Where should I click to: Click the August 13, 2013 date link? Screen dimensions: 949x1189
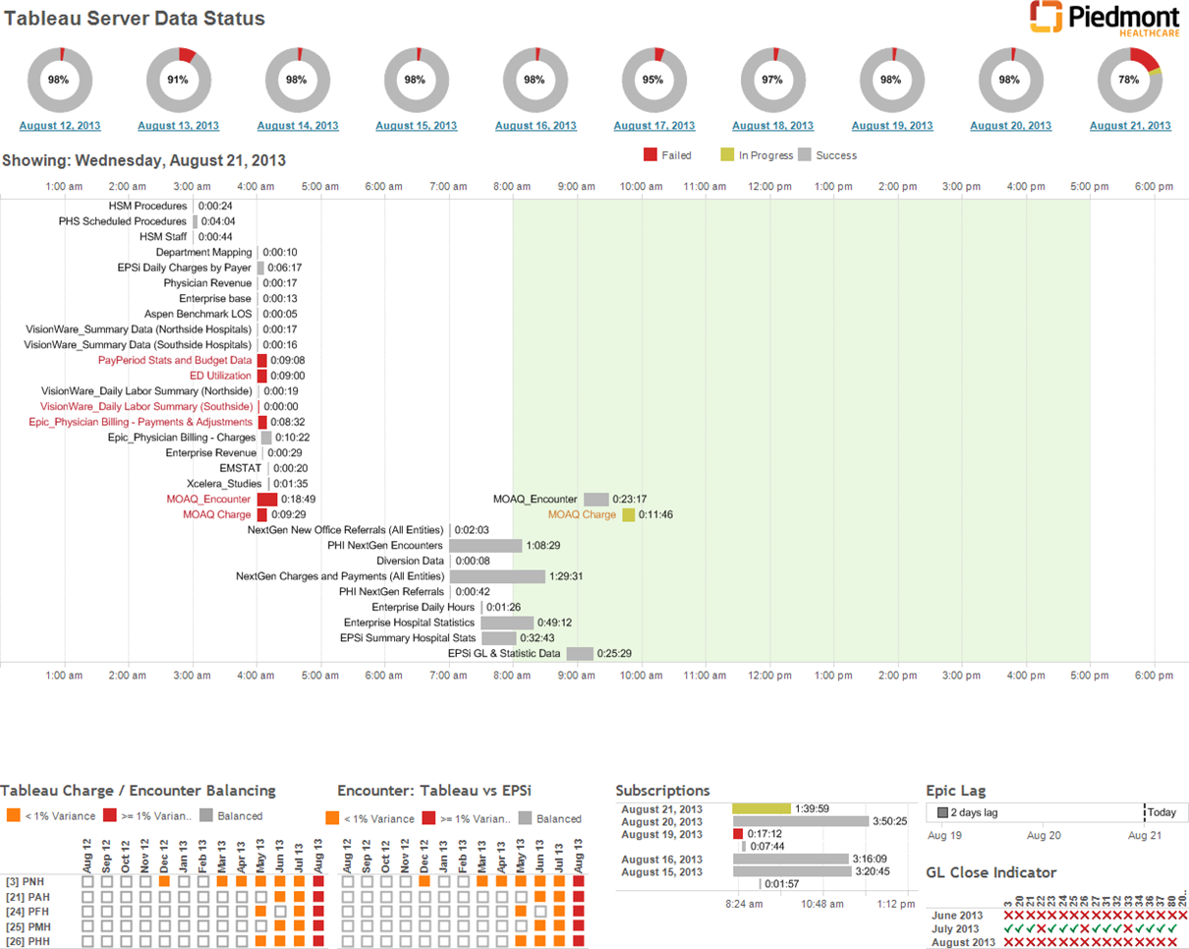(178, 126)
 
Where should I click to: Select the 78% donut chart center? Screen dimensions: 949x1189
(1130, 80)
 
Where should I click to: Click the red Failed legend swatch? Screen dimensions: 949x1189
(650, 155)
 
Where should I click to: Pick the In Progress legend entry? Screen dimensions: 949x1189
(764, 155)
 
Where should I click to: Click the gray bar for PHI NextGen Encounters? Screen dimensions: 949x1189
(485, 545)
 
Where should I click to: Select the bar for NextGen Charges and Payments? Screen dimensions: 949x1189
(497, 576)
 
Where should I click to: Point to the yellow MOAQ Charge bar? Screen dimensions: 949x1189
(628, 514)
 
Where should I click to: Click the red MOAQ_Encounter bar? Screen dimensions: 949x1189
(267, 500)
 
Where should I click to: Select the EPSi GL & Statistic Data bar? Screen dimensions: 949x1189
(580, 653)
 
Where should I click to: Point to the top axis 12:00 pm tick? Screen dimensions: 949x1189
(769, 186)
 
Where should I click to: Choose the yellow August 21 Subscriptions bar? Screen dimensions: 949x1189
(762, 808)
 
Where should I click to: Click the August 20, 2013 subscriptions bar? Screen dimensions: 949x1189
(801, 821)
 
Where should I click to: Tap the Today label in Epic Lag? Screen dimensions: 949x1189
(1161, 812)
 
